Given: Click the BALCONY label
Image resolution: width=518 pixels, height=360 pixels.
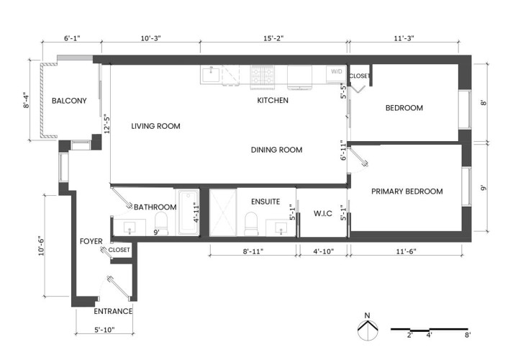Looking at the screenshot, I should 69,101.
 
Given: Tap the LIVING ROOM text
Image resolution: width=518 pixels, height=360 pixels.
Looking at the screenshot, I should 155,126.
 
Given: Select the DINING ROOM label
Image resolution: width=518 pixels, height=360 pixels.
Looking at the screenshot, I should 276,150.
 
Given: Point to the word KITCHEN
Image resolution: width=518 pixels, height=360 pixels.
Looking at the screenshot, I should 273,100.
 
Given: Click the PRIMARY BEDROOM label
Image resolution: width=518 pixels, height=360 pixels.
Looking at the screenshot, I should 406,192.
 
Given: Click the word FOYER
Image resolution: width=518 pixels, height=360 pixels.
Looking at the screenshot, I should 91,241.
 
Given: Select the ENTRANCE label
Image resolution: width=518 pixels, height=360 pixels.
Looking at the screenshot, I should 113,312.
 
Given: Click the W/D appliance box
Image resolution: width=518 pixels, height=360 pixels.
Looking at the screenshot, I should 336,73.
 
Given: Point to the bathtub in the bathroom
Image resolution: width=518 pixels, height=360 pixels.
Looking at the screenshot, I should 189,211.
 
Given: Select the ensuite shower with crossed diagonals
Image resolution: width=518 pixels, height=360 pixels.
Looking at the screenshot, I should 223,212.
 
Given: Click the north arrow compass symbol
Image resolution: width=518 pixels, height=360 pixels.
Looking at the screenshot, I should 367,329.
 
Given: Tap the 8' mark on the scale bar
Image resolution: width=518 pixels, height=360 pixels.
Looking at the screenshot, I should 467,336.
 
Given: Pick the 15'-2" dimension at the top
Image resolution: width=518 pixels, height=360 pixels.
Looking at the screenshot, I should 273,38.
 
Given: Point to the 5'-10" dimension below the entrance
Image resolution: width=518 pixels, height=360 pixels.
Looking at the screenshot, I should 104,330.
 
